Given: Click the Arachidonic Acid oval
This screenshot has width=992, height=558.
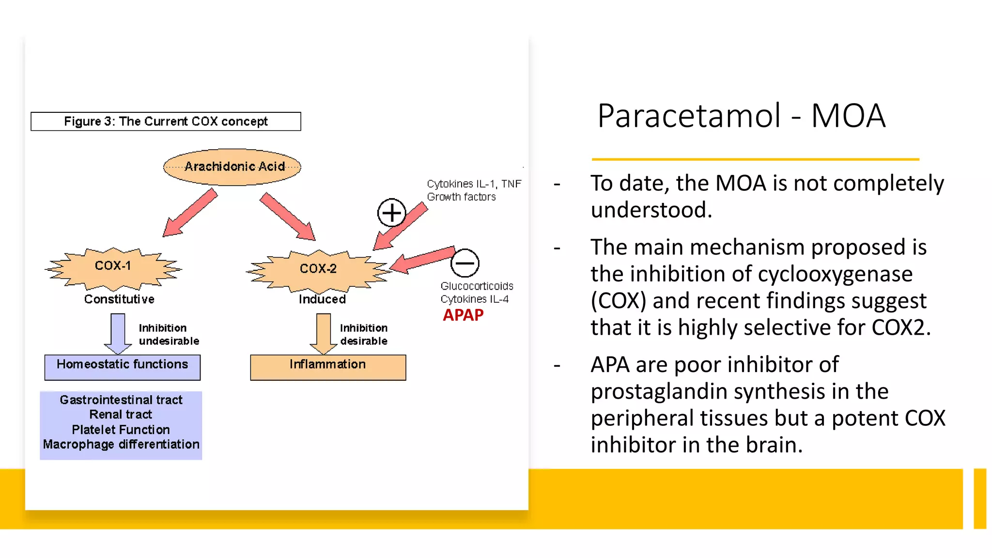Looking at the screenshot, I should tap(232, 167).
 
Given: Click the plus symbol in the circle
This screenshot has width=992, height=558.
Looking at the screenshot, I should tap(391, 213).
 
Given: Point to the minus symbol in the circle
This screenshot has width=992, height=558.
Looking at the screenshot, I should tap(465, 263).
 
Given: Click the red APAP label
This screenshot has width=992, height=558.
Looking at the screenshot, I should tap(463, 315).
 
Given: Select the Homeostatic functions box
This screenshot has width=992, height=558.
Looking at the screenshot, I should tap(122, 367).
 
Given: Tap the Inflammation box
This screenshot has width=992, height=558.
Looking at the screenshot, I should tap(328, 367).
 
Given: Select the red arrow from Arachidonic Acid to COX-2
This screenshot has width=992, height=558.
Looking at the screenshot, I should tap(288, 216).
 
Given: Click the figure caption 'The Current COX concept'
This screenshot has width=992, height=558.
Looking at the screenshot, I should tap(166, 122).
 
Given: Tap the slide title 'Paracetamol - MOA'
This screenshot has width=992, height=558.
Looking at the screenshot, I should tap(741, 116).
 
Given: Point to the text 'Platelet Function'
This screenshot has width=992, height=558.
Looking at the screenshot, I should tap(121, 430).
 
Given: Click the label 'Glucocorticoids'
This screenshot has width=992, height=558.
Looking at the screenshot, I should tap(477, 286).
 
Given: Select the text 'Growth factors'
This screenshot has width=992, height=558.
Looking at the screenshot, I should tap(461, 197).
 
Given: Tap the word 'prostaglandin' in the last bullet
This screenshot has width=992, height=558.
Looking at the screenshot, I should tap(659, 391).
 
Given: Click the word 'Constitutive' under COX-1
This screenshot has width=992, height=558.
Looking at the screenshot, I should tap(119, 299).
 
